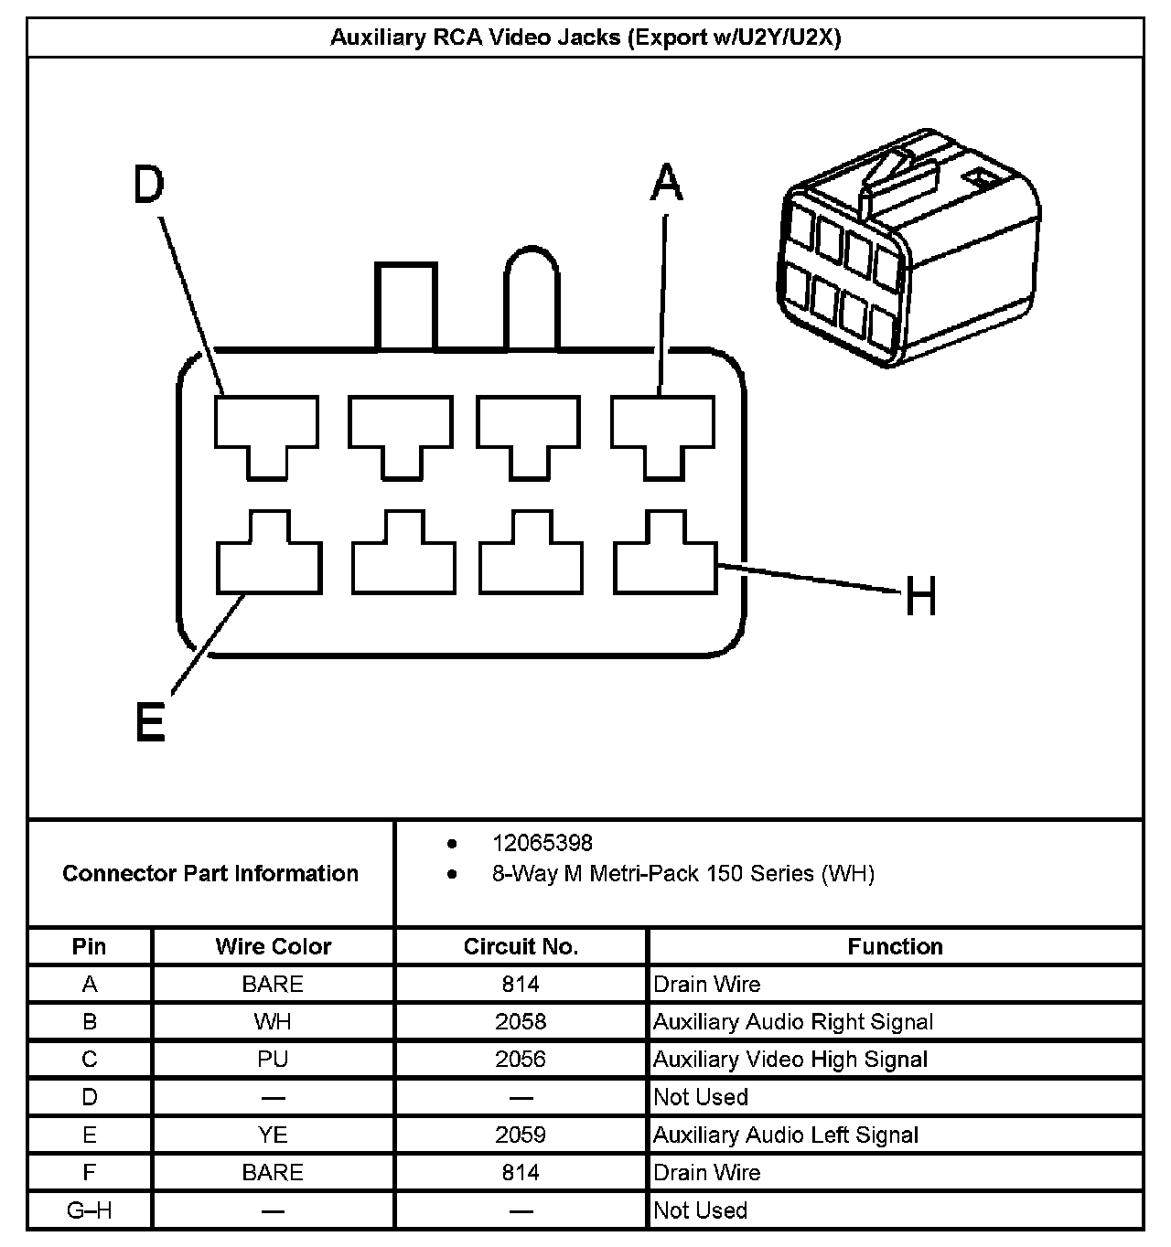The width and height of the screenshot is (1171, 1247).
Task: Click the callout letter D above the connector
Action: click(x=148, y=185)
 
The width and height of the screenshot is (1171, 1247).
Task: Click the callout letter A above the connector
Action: click(x=666, y=182)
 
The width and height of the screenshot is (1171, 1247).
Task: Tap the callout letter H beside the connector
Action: click(x=920, y=599)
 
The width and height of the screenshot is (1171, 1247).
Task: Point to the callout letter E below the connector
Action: click(x=150, y=723)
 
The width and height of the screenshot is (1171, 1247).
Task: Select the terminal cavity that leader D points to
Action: click(x=266, y=430)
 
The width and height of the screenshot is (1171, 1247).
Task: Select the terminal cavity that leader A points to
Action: click(x=662, y=430)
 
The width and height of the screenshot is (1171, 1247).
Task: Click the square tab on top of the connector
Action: click(x=403, y=306)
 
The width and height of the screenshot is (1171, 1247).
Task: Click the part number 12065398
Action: click(x=543, y=843)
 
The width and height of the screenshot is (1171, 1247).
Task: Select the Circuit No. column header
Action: click(x=521, y=946)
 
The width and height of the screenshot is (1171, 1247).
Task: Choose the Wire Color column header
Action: click(x=273, y=946)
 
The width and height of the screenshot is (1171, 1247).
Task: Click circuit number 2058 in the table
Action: click(x=521, y=1021)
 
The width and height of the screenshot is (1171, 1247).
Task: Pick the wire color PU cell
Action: click(x=273, y=1059)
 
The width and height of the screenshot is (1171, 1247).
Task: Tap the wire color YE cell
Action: click(x=273, y=1135)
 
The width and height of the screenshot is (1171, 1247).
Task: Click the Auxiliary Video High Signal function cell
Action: click(x=790, y=1059)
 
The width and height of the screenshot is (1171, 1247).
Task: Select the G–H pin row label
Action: click(x=90, y=1210)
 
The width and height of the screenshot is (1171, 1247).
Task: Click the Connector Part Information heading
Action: click(x=210, y=873)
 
